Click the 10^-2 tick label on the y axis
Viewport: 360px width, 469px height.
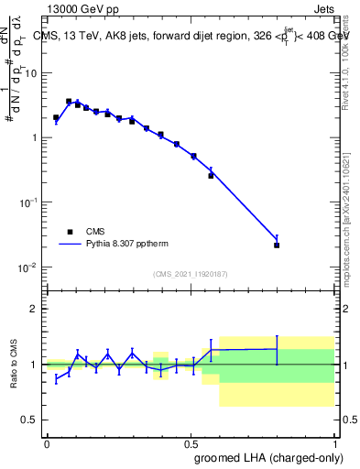(33, 267)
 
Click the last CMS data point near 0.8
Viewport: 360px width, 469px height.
(277, 245)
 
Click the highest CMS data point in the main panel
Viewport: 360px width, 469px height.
(69, 102)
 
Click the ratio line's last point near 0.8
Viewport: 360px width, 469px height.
(277, 349)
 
